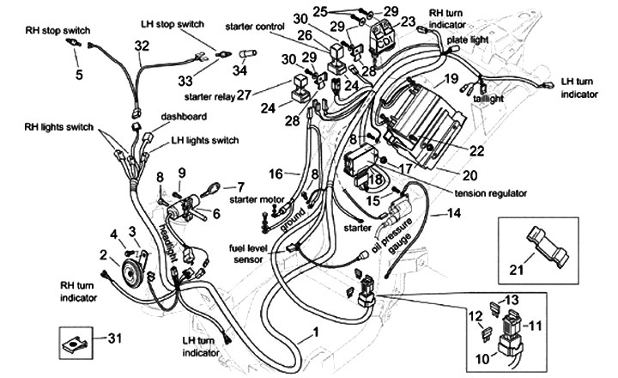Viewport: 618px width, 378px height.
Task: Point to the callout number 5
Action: click(x=79, y=75)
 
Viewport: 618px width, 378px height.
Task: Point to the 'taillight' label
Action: click(x=488, y=99)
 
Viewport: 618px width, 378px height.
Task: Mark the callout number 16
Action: click(x=276, y=174)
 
